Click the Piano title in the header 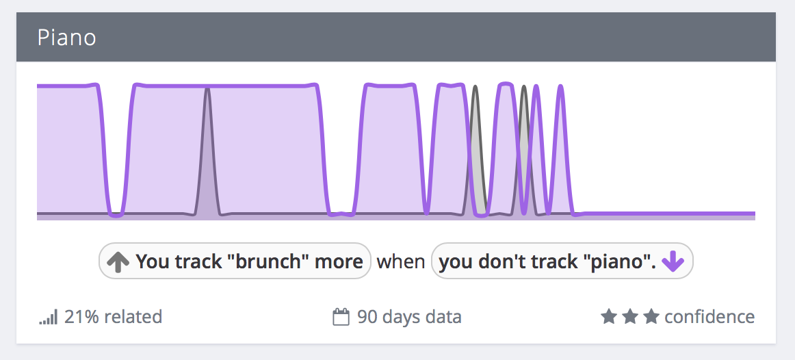[x=67, y=38]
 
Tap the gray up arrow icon [x=118, y=261]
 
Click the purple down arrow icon [x=673, y=261]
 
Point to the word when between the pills [x=400, y=261]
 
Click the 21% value [x=80, y=317]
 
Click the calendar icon [x=341, y=318]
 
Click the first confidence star [x=609, y=317]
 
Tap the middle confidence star [x=629, y=317]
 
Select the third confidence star [x=651, y=317]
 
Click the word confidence [x=710, y=317]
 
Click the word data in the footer [x=443, y=317]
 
